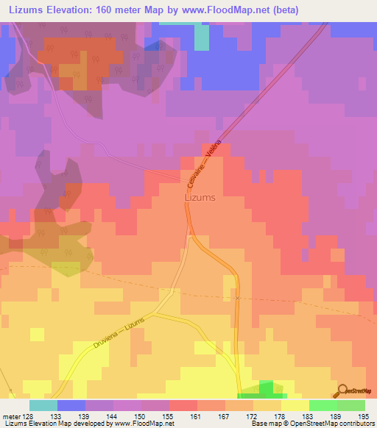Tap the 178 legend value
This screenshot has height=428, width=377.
click(281, 415)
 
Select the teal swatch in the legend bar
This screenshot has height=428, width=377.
click(43, 405)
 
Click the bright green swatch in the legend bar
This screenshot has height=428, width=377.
click(323, 405)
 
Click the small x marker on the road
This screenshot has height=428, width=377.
click(237, 298)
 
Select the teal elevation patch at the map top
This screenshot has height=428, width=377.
click(202, 37)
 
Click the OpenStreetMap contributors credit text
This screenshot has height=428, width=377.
click(312, 424)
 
